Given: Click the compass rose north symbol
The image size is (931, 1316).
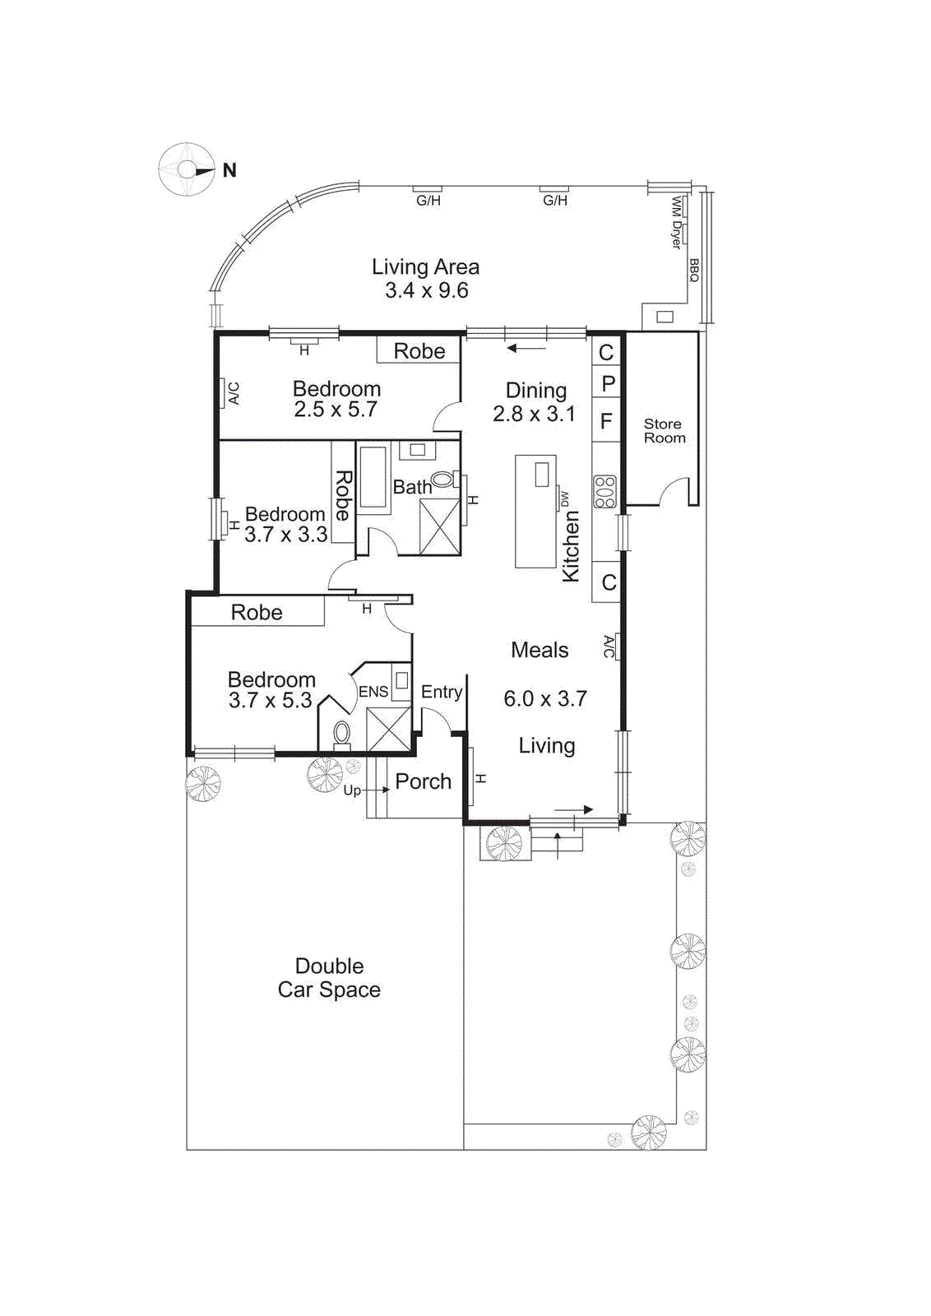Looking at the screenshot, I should (188, 169).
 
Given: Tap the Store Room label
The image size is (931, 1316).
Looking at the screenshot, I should (664, 431).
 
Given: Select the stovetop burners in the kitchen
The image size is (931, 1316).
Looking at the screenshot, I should (604, 492).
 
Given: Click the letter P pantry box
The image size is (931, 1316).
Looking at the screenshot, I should (607, 384).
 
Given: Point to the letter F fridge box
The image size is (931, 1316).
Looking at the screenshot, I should (606, 422).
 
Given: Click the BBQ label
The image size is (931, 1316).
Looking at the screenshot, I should (694, 270).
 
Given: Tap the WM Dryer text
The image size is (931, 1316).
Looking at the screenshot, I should (676, 222).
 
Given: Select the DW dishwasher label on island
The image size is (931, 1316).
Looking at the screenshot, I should (564, 498).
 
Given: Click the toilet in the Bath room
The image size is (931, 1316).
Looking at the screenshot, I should (442, 480).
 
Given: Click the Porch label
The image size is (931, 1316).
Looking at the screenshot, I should (423, 781).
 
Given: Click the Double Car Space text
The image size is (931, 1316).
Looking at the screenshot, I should (329, 978).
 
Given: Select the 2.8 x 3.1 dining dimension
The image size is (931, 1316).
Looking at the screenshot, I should (534, 414).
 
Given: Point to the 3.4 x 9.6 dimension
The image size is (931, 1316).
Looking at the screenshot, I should (426, 290).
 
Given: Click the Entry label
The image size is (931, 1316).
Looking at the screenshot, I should (442, 692).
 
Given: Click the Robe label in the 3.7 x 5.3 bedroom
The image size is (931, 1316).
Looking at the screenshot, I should (257, 613).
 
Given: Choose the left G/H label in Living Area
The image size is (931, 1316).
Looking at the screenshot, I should (428, 200).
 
